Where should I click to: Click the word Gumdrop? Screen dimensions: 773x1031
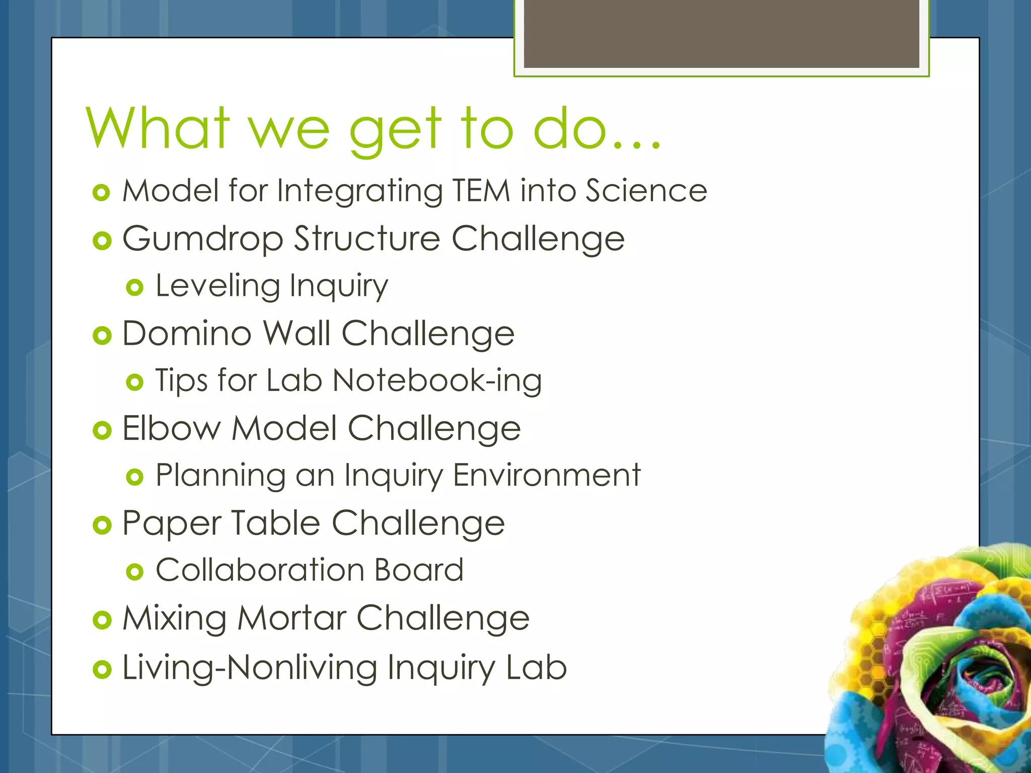tap(202, 239)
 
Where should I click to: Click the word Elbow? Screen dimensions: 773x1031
tap(171, 428)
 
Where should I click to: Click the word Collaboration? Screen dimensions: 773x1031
tap(260, 570)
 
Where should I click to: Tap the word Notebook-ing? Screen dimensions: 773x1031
tap(437, 380)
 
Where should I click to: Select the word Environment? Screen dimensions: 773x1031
tap(547, 475)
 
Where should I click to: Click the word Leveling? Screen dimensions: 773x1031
tap(217, 286)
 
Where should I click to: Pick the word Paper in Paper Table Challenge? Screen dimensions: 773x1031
tap(171, 524)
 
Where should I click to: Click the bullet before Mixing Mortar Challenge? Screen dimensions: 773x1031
tap(102, 620)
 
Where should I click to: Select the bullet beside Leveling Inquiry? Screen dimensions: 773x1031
tap(134, 288)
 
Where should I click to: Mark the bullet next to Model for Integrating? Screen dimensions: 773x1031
tap(102, 193)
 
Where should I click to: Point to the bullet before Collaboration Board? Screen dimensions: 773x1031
tap(134, 572)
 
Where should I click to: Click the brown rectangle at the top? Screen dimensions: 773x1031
tap(721, 33)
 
